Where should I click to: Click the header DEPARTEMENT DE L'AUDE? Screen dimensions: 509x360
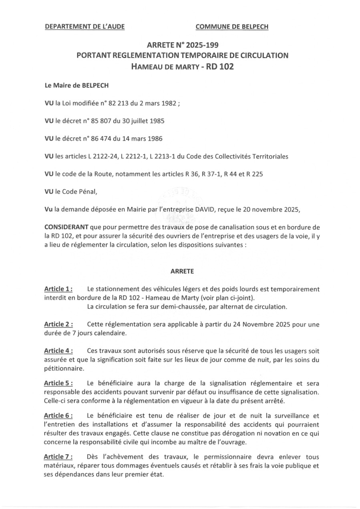click(x=84, y=27)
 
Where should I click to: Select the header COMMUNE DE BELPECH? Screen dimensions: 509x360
click(x=232, y=27)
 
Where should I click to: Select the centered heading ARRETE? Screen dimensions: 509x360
click(x=182, y=271)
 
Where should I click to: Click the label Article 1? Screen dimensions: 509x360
click(x=58, y=289)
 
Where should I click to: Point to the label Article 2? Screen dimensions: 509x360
click(x=58, y=325)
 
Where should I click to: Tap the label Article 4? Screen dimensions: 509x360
click(x=58, y=351)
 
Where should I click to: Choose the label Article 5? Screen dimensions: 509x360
click(x=58, y=383)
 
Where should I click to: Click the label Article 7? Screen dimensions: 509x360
click(x=58, y=457)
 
